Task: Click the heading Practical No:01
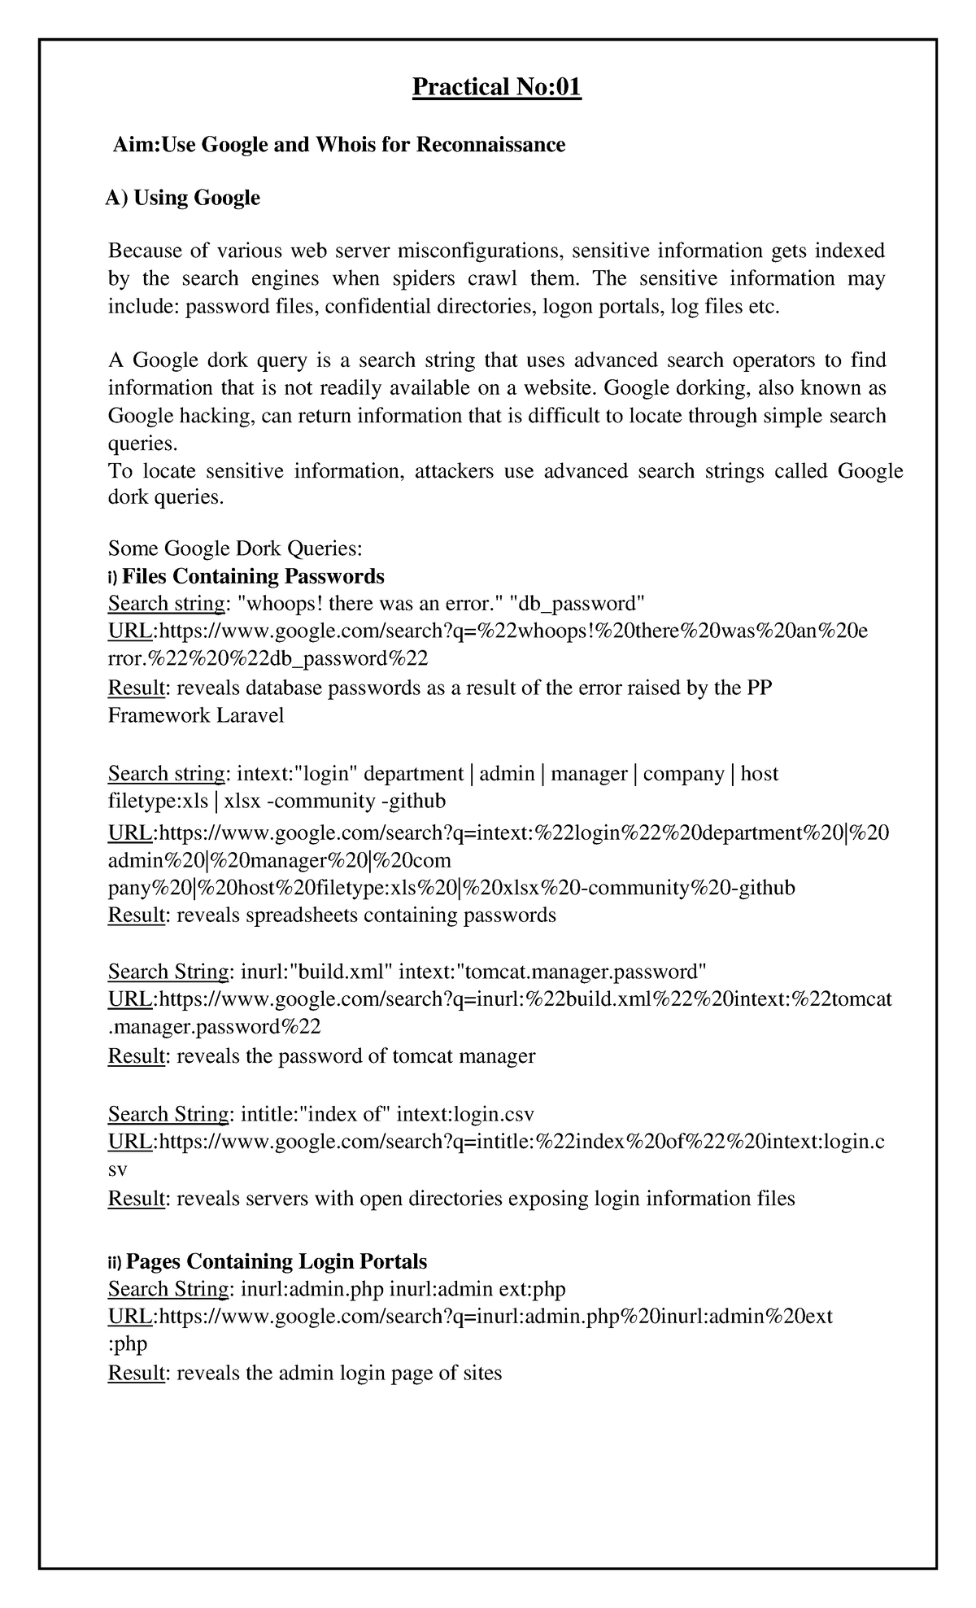[x=497, y=86]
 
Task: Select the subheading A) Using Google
[x=182, y=198]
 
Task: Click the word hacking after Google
[x=217, y=416]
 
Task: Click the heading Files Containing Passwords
[x=252, y=576]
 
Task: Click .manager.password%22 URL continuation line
[x=215, y=1027]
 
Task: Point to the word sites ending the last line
[x=481, y=1374]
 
